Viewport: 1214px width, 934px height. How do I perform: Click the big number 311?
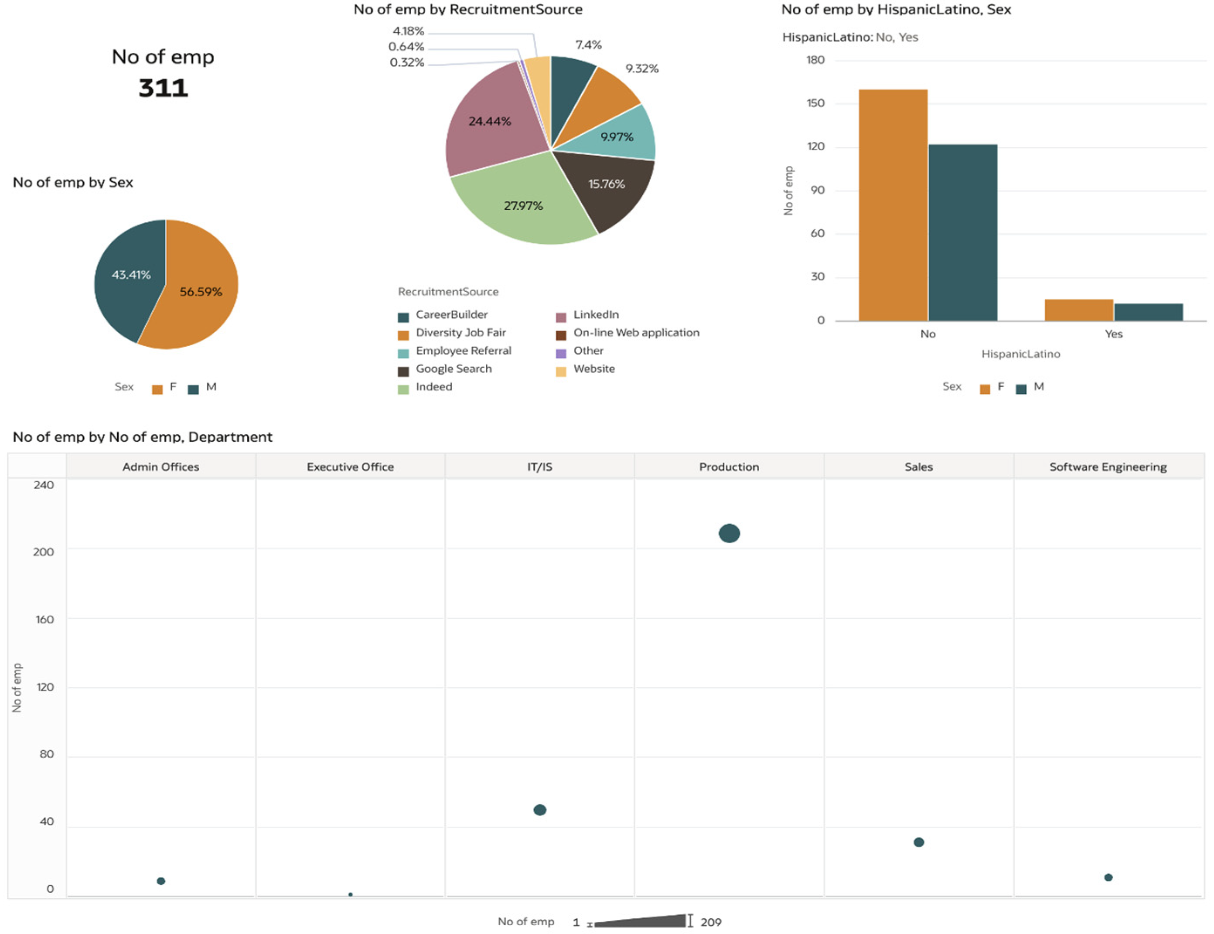tap(163, 88)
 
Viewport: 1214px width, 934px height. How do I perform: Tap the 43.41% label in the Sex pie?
tap(131, 275)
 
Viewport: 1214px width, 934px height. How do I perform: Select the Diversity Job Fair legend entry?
tap(460, 332)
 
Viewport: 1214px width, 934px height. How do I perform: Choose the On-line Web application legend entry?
tap(636, 332)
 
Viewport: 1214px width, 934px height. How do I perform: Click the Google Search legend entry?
tap(453, 368)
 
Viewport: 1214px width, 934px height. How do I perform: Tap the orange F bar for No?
tap(893, 206)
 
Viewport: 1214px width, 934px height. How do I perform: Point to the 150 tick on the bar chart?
tap(815, 103)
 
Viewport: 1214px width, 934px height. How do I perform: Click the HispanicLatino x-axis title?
tap(1020, 354)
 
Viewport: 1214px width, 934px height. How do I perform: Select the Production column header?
tap(729, 467)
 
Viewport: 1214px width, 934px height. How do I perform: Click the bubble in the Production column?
tap(729, 533)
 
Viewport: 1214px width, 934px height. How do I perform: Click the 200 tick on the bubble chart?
tap(44, 552)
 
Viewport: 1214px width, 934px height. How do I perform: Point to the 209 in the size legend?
tap(710, 922)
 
